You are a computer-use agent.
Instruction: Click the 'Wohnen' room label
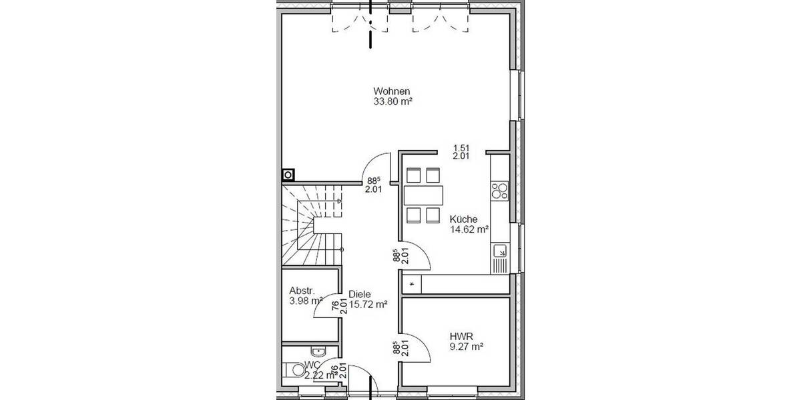[x=391, y=91]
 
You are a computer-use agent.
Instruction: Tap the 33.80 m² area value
[x=392, y=102]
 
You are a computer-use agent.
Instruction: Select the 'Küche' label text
[x=463, y=218]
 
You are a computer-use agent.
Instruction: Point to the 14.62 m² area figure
[x=469, y=229]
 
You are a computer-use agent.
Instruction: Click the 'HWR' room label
[x=461, y=336]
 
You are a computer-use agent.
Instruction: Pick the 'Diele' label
[x=359, y=294]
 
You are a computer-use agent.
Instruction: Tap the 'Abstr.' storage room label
[x=302, y=291]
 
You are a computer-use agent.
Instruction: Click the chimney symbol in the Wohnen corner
[x=288, y=175]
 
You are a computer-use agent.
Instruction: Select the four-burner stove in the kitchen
[x=499, y=191]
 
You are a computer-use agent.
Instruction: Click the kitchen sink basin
[x=499, y=251]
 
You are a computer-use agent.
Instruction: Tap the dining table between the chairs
[x=423, y=195]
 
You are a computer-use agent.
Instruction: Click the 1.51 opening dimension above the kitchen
[x=460, y=148]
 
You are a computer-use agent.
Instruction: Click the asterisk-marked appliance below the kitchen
[x=412, y=284]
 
